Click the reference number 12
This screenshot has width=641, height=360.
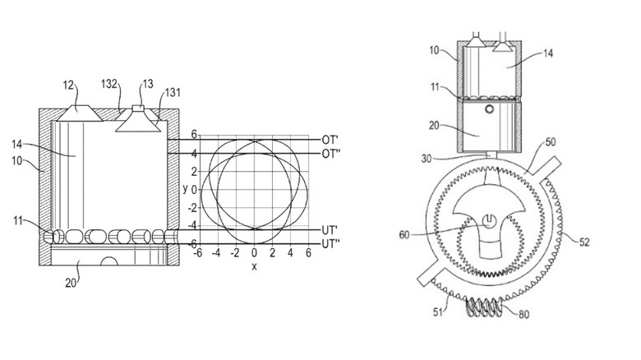coord(68,85)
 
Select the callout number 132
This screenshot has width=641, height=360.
coord(111,84)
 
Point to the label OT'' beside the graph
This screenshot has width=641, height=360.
coord(333,155)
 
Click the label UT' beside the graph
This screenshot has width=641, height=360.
coord(333,230)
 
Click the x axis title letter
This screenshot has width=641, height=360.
coord(254,266)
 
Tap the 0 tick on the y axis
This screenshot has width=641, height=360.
coord(195,189)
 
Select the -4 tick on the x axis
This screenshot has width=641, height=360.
coord(216,254)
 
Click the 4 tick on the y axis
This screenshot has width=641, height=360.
coord(195,153)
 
